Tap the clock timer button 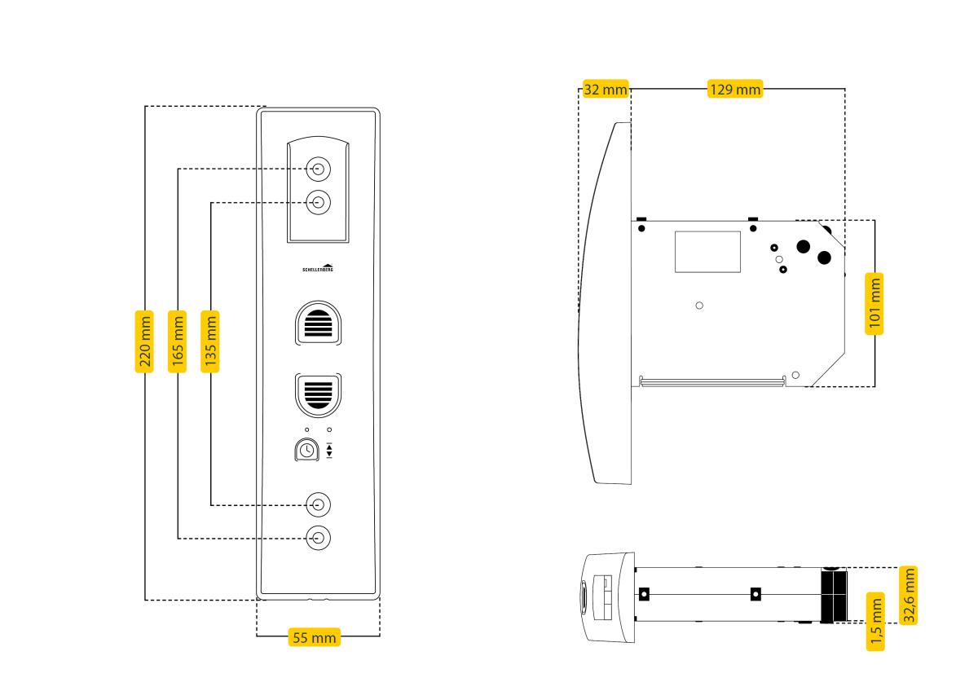(306, 449)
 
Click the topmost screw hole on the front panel (318, 169)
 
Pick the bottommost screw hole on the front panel (318, 538)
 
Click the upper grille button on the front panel (318, 324)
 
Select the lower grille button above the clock (318, 394)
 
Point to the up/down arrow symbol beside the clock (329, 450)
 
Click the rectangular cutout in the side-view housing (707, 251)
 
